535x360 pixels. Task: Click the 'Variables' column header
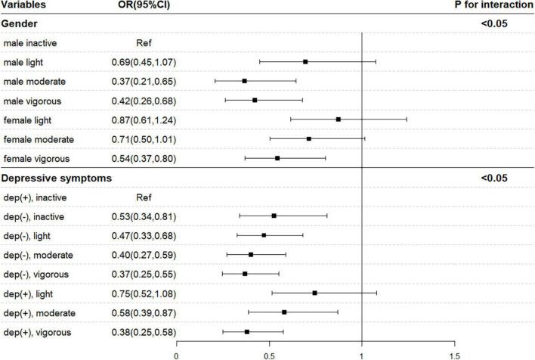click(24, 6)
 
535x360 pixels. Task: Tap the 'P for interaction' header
click(494, 6)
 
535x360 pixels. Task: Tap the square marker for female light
click(339, 119)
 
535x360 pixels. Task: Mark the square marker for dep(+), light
click(315, 293)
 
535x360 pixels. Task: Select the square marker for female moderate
click(308, 139)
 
